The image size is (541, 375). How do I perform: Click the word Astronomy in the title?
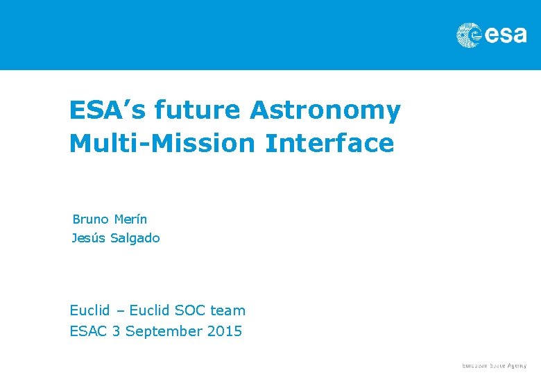325,110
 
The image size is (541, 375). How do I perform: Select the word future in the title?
198,110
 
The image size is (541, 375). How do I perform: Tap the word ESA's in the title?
107,110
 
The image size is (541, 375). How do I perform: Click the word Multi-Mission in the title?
162,144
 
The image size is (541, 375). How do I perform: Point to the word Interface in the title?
329,144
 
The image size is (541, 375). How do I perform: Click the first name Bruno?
90,219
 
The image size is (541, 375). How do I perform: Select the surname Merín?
130,219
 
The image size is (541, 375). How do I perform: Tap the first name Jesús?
87,238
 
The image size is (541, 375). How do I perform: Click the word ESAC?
88,331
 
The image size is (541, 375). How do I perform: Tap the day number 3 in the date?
116,331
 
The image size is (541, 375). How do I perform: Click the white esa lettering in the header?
505,35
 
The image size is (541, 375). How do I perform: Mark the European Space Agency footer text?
495,365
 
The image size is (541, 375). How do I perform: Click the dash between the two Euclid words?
119,311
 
